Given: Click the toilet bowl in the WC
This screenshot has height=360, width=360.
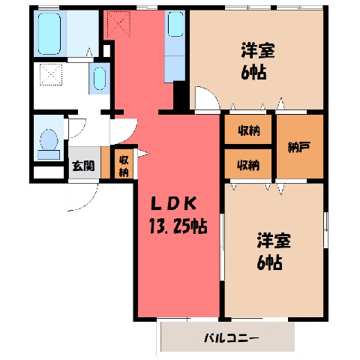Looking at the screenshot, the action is [49, 139].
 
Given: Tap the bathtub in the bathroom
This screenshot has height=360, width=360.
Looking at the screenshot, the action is [49, 34].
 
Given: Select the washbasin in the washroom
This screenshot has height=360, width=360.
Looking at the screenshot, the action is [100, 78].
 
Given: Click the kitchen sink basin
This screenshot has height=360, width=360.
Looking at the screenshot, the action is [175, 24].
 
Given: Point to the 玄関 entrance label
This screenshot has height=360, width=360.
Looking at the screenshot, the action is [83, 166].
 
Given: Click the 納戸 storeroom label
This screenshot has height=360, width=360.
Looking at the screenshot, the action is [299, 147].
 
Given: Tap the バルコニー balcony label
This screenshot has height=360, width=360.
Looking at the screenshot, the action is [232, 338].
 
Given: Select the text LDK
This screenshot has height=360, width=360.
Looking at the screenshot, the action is [173, 204].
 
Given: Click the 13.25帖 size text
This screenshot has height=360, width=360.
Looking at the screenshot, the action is [178, 226].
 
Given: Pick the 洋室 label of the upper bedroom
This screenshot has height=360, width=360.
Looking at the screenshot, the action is [258, 51].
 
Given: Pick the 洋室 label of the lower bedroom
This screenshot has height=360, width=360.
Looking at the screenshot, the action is [274, 241].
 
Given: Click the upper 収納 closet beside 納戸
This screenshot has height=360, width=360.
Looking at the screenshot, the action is [249, 130].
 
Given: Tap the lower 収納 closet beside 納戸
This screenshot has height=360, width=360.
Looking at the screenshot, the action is [248, 165].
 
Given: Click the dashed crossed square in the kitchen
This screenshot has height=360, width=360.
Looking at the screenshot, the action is [118, 25].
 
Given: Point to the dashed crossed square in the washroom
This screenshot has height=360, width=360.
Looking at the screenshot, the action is [51, 74].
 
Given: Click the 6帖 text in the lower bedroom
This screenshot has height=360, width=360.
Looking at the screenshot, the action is [269, 262].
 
